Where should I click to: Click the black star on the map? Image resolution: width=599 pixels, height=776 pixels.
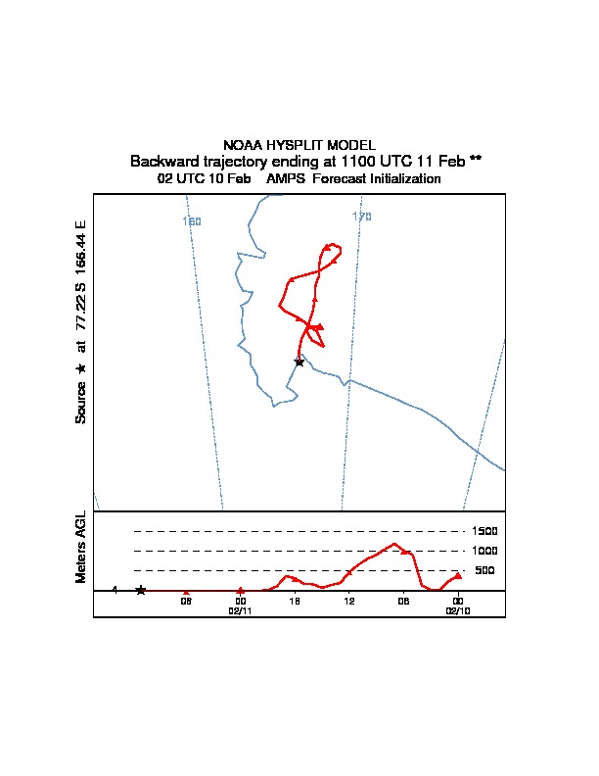point(299,362)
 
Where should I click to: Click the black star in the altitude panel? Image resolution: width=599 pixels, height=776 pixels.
point(141,590)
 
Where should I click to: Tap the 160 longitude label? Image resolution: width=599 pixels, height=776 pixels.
point(192,221)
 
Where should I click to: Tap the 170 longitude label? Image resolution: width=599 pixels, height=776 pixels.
point(362,217)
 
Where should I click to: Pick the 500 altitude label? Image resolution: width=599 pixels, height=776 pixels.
point(484,570)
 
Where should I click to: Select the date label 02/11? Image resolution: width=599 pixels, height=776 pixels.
point(241,609)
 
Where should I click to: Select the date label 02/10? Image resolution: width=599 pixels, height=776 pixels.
point(458,609)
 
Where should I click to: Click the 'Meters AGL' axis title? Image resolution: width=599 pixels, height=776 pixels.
point(81,547)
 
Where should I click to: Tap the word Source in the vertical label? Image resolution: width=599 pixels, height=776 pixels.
point(81,402)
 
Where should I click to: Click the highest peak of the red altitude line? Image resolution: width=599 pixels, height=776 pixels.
point(393,543)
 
